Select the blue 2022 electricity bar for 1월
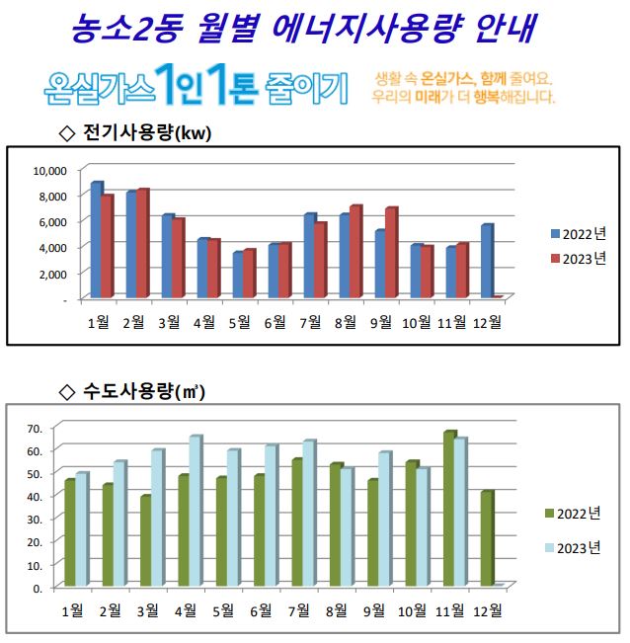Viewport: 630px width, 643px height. click(96, 240)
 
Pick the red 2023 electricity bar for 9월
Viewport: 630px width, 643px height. click(391, 253)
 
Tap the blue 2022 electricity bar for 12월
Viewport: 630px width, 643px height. click(486, 261)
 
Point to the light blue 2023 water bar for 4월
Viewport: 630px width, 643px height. click(195, 512)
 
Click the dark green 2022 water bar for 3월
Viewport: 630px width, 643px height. click(145, 541)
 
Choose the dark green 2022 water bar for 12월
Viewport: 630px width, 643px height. click(486, 538)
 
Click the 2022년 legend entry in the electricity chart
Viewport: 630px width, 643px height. click(577, 234)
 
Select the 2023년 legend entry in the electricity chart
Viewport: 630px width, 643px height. click(577, 258)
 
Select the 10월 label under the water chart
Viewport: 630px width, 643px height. click(412, 610)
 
